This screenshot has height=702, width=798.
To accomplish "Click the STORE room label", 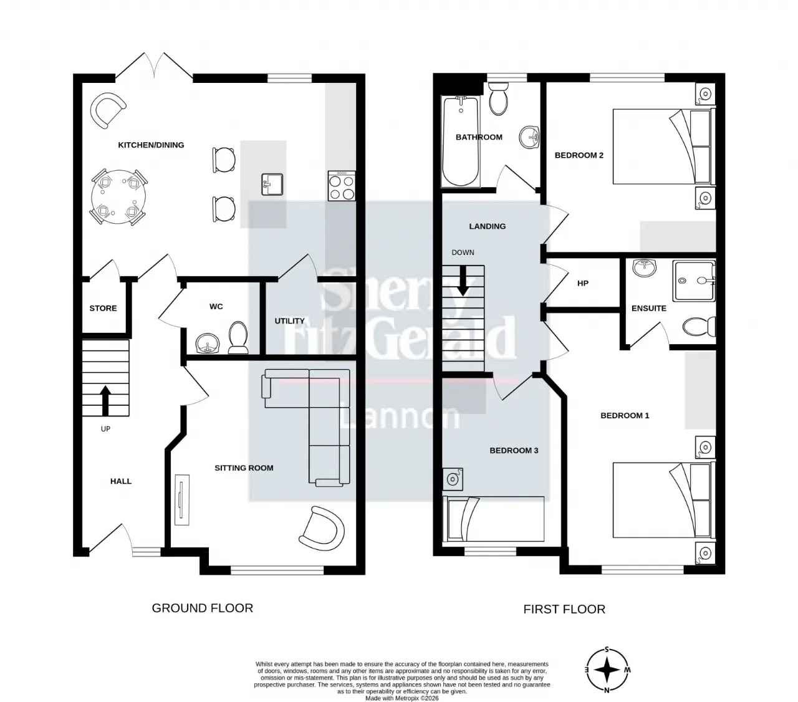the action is tap(103, 308).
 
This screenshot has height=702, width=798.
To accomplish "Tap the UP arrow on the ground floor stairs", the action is tap(105, 401).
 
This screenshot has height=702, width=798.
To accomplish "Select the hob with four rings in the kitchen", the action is tap(342, 186).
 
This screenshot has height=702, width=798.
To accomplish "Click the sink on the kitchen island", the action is tap(272, 185).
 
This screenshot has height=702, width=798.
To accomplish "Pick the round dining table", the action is tap(118, 197).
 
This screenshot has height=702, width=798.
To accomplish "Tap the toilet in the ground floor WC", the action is tap(238, 337).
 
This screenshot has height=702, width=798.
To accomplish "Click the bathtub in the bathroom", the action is tap(461, 141).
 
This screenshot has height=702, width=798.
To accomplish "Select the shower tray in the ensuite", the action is tap(694, 281).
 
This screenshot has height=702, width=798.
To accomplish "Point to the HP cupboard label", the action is tap(582, 283).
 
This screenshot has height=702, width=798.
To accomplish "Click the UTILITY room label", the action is tap(289, 321).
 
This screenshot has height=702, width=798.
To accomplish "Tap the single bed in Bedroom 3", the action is tap(494, 519).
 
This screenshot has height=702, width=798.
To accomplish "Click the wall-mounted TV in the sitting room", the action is tap(182, 499).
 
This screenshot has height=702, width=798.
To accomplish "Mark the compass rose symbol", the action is tap(607, 670).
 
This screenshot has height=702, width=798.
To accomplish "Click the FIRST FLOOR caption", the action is tap(564, 610).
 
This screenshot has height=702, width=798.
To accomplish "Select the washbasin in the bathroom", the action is tap(529, 137).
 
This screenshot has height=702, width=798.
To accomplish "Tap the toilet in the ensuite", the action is tap(699, 327).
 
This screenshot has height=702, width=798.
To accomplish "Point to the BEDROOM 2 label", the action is tap(579, 155).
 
